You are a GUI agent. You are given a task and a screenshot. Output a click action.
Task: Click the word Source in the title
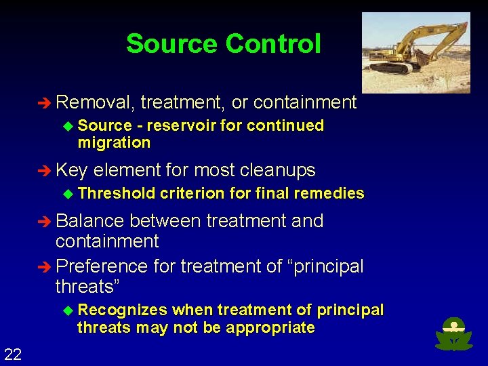tap(172, 44)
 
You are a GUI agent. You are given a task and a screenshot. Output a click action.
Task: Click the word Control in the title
tap(272, 44)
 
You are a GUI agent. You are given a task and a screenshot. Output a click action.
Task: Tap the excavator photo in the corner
tap(415, 52)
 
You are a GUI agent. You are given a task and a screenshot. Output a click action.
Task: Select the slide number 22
tap(13, 353)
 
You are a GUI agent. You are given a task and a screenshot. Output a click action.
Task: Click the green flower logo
tap(454, 335)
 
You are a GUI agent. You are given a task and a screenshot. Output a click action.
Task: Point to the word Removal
tap(95, 102)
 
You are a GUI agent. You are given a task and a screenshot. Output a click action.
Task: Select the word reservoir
tap(180, 126)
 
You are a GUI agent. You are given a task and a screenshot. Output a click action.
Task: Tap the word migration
tap(114, 143)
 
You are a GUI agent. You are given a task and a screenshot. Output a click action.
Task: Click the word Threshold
tap(117, 194)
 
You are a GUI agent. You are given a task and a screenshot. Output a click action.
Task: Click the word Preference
tap(102, 266)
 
